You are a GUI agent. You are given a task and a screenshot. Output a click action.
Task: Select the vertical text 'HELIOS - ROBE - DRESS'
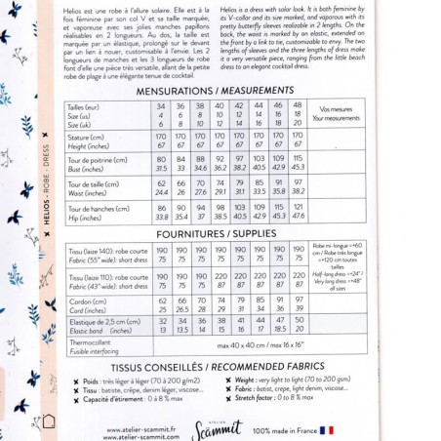tap(46, 185)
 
